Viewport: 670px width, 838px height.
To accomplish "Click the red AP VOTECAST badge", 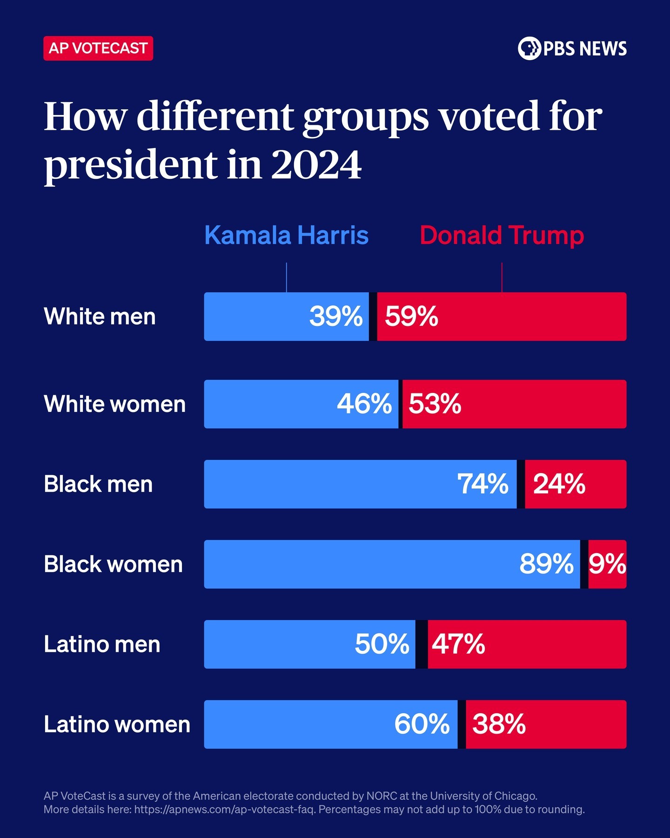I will tap(98, 48).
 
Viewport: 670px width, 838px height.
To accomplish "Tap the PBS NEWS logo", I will tap(572, 48).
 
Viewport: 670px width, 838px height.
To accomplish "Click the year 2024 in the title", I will tap(316, 165).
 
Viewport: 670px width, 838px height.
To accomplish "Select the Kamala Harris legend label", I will tap(287, 236).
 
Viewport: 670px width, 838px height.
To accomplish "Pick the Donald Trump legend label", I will tap(502, 236).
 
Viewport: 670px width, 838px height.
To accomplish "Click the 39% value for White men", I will tap(336, 317).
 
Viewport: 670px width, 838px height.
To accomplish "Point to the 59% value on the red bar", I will tap(412, 317).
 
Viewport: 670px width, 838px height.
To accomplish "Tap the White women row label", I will tap(114, 404).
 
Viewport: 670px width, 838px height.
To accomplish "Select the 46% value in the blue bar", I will tap(364, 404).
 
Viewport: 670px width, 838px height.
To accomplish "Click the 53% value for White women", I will tap(435, 404).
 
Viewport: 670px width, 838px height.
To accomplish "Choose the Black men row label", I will tap(98, 484).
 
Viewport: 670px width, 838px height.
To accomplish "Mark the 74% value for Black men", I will tap(483, 484).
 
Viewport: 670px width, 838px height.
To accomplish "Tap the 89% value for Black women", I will tap(547, 564).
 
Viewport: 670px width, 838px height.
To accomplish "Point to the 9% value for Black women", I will tap(608, 564).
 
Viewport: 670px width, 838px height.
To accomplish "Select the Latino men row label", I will tap(102, 644).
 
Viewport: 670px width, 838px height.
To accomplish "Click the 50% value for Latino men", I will tap(382, 644).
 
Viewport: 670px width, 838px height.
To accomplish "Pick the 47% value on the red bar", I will tap(459, 644).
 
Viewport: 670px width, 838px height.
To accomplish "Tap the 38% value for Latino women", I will tap(499, 724).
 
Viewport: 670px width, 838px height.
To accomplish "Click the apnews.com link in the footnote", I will tap(224, 810).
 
